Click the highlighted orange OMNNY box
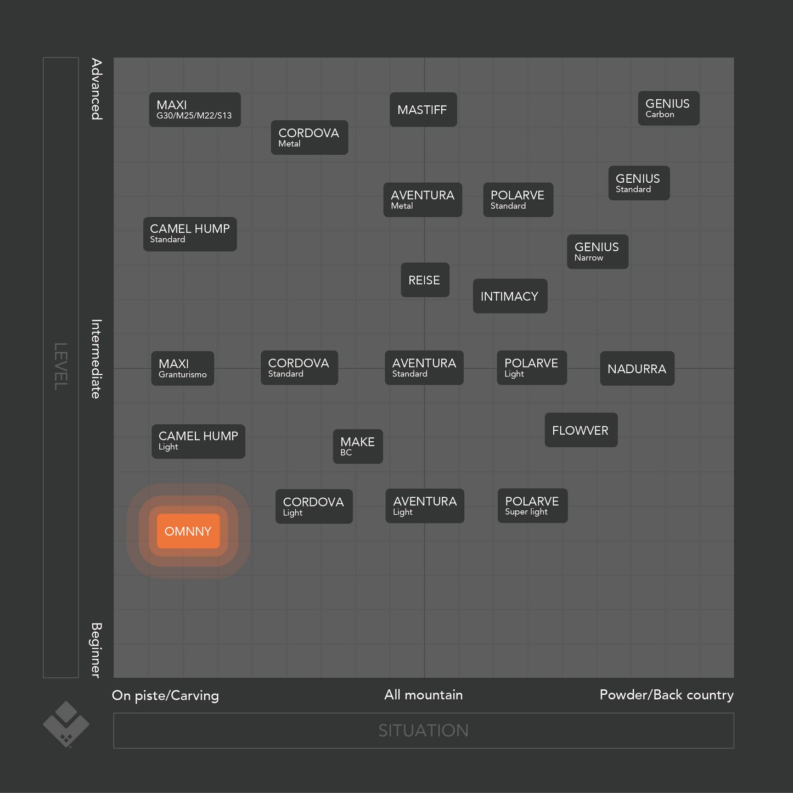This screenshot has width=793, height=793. point(188,531)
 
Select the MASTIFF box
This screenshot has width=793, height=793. point(423,110)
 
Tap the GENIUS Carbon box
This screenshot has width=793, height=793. point(668,109)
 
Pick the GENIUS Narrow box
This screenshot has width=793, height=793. point(598,252)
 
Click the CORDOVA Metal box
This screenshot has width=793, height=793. point(310,138)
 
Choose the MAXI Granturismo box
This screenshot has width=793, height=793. point(183,369)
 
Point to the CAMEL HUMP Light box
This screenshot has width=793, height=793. point(198,441)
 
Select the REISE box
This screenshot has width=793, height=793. point(425,280)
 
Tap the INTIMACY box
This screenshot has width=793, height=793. point(510,296)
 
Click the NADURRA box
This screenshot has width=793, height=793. point(637,369)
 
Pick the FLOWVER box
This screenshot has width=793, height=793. point(581,430)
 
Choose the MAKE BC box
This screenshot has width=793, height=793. point(358,447)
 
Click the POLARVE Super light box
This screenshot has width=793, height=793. point(532,506)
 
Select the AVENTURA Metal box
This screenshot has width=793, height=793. point(423,200)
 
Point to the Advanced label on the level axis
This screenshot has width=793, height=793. point(97,89)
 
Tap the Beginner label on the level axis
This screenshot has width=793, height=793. point(96,650)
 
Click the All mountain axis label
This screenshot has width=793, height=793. point(424,695)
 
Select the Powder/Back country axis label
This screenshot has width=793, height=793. point(666,695)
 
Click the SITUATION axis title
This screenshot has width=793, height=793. point(424,730)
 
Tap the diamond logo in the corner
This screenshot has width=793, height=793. point(66,724)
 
